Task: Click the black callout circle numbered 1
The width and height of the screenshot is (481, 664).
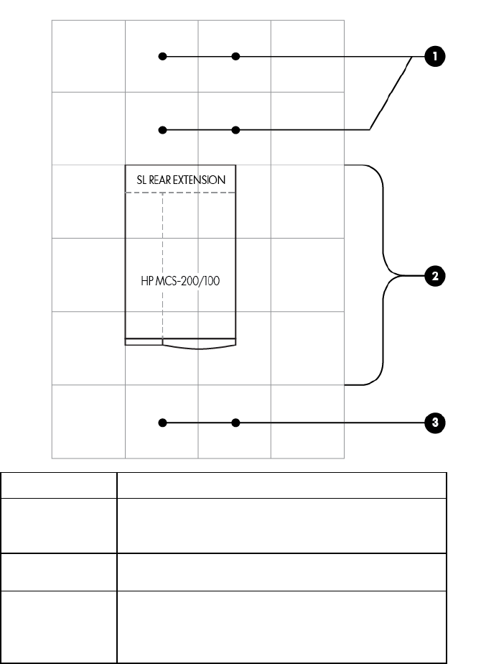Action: click(x=434, y=56)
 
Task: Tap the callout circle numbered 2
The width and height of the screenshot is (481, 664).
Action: click(x=434, y=275)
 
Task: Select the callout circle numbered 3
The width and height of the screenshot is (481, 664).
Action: click(x=434, y=423)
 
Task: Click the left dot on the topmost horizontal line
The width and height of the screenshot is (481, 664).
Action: click(x=163, y=56)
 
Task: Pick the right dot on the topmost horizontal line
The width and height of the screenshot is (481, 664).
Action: click(x=235, y=56)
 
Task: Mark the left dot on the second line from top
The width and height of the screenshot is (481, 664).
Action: click(x=163, y=130)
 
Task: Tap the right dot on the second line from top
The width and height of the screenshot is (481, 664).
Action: click(x=235, y=130)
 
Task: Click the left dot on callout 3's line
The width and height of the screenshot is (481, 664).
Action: click(x=163, y=423)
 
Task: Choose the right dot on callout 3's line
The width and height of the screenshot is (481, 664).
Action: click(x=235, y=423)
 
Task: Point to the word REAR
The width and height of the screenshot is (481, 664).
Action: click(x=161, y=180)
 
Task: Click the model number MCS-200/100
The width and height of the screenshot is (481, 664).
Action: click(x=189, y=281)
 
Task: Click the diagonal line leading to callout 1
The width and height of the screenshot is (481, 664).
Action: click(x=391, y=93)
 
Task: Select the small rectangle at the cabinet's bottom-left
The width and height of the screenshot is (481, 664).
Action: click(x=144, y=342)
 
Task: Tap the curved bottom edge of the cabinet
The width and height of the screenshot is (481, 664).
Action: click(x=200, y=348)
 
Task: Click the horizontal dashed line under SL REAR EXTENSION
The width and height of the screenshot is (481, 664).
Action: click(x=180, y=193)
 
